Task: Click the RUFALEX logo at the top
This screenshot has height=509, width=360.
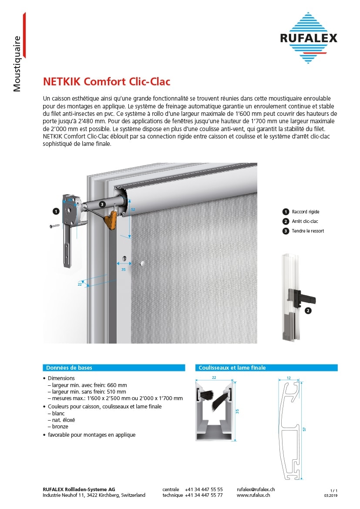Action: pos(308,38)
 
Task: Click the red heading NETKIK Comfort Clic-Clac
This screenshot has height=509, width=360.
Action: pos(106,81)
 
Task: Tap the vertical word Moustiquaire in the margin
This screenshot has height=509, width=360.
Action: pos(17,64)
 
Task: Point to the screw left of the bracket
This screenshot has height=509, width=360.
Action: pos(55,226)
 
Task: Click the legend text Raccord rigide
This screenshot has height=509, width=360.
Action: pos(306,212)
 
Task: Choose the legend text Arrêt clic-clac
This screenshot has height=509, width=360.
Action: pos(305,221)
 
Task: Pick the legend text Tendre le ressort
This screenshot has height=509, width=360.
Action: pos(308,231)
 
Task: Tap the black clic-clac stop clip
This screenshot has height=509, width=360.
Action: pos(305,299)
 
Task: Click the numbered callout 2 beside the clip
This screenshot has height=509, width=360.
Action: pos(308,311)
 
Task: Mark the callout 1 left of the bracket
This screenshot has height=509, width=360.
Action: pos(55,211)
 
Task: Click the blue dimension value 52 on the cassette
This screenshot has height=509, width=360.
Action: pos(133,210)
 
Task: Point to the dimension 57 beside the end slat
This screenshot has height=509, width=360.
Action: pos(305,429)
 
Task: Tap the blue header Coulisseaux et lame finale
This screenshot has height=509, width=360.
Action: pos(232,367)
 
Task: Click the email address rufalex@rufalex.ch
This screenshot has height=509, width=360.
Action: pos(256,489)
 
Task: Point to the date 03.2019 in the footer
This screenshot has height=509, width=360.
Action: pos(331,496)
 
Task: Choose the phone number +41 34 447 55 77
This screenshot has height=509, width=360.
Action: pos(204,495)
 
